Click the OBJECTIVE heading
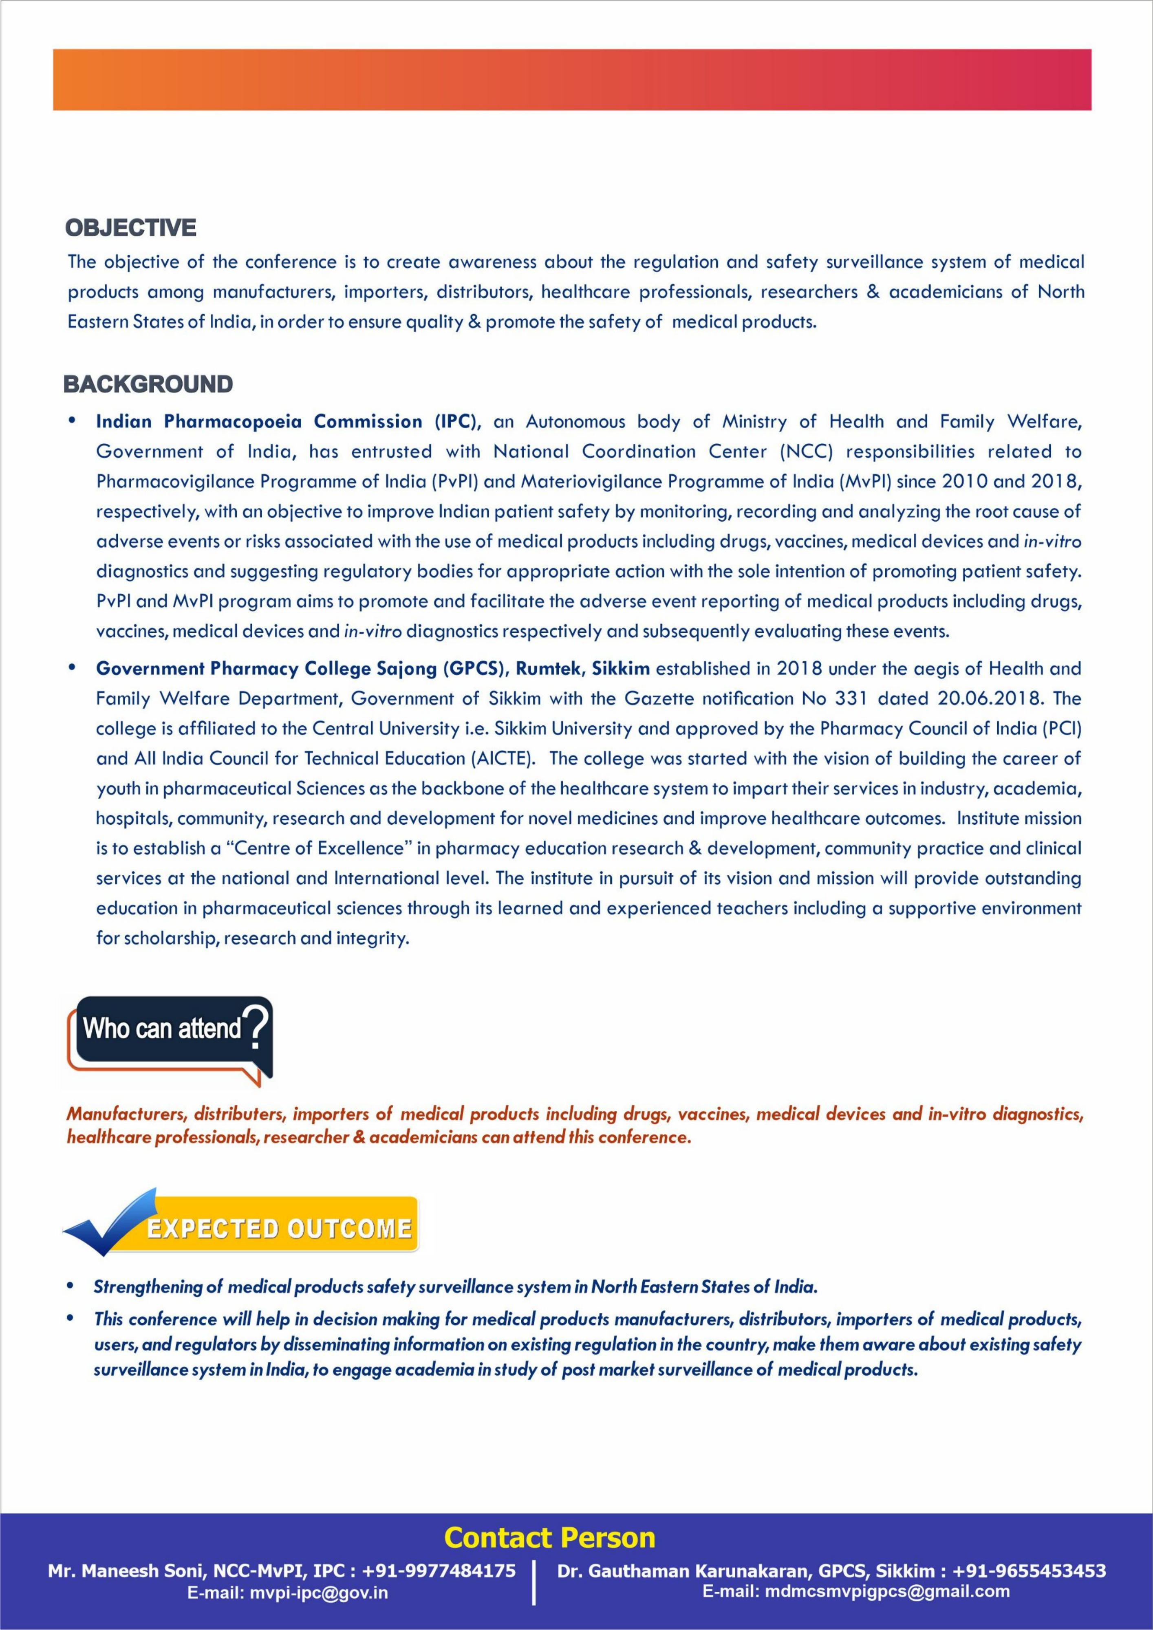click(x=131, y=228)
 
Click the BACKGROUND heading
click(x=148, y=384)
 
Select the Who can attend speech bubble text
click(x=163, y=1028)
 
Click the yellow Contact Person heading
click(x=549, y=1538)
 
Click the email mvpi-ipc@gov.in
click(x=288, y=1593)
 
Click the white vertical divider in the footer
click(x=533, y=1582)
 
